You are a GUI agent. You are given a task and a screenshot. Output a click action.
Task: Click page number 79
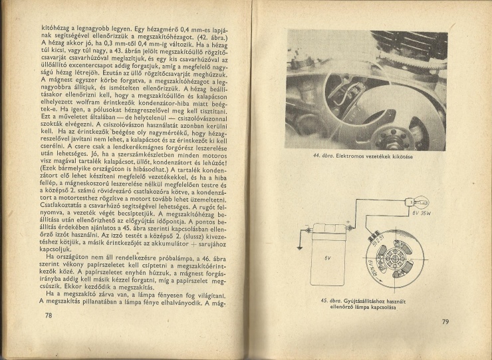pos(445,322)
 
